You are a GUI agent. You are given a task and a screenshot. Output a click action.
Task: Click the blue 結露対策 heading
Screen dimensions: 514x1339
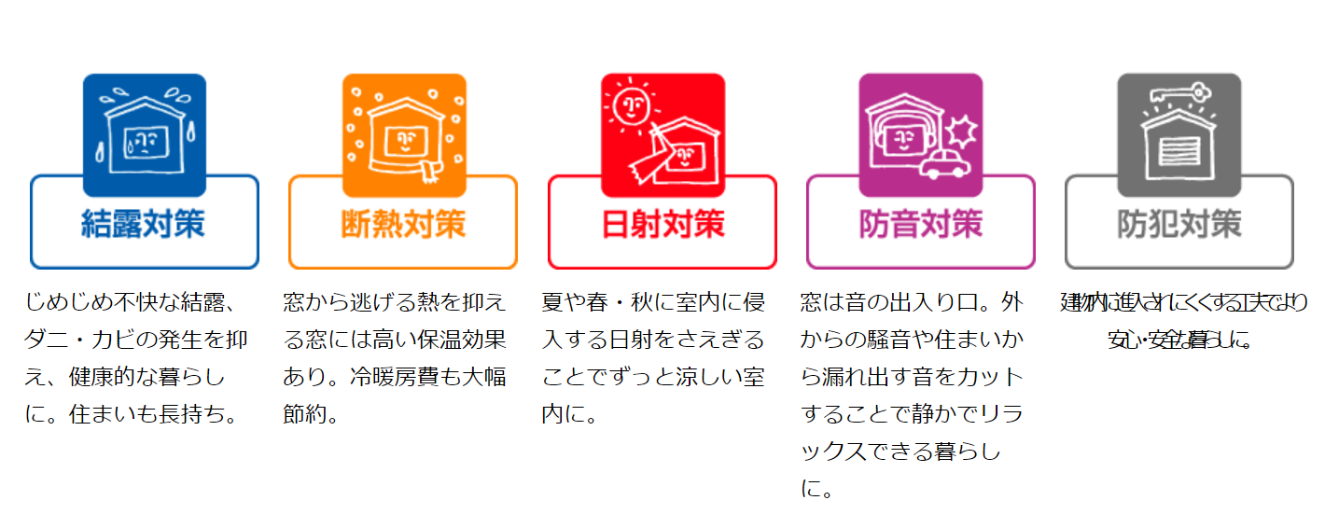tap(144, 225)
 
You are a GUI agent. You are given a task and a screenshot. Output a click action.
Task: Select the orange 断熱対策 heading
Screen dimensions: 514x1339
tap(402, 225)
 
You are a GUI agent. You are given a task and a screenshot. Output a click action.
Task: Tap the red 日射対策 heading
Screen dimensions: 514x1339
tap(662, 225)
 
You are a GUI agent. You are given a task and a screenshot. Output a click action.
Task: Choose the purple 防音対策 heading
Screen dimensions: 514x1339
tap(920, 225)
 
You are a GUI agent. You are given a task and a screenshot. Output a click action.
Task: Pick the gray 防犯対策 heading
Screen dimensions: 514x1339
tap(1179, 225)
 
